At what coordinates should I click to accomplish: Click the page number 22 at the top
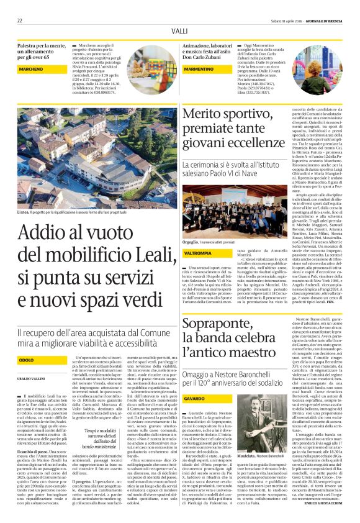[20, 20]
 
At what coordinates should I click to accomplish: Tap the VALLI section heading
[179, 30]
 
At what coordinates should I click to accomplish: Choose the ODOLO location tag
[27, 360]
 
